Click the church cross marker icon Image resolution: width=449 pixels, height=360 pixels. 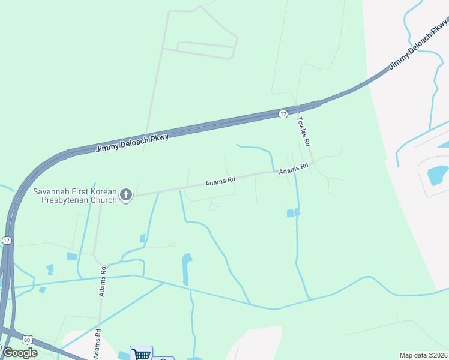pyautogui.click(x=125, y=194)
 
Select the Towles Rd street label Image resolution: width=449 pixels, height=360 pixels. pyautogui.click(x=304, y=131)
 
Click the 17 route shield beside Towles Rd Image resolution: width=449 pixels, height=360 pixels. pyautogui.click(x=283, y=113)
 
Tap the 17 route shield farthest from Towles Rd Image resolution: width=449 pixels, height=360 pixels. pyautogui.click(x=7, y=240)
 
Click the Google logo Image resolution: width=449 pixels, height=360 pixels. pyautogui.click(x=20, y=352)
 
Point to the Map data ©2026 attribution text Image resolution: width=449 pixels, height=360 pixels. pyautogui.click(x=424, y=355)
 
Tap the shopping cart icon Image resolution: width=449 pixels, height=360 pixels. pyautogui.click(x=142, y=354)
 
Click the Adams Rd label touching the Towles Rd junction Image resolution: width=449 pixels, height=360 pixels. pyautogui.click(x=294, y=170)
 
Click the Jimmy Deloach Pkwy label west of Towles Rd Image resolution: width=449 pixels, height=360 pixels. pyautogui.click(x=133, y=143)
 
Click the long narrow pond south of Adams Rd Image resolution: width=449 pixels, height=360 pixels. pyautogui.click(x=186, y=269)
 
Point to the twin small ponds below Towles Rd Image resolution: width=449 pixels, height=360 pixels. pyautogui.click(x=294, y=212)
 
